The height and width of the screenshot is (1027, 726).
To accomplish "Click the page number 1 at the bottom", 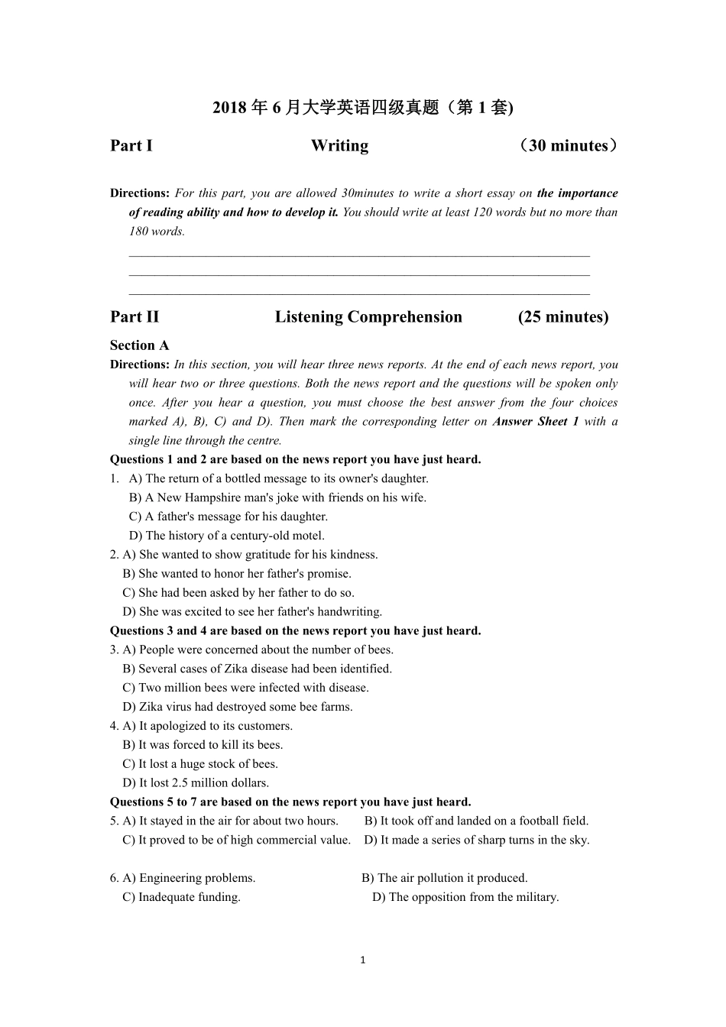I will click(x=363, y=960).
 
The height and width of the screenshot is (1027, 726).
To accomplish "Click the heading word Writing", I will click(x=339, y=146).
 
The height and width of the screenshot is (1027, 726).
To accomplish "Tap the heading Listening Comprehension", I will click(x=368, y=317).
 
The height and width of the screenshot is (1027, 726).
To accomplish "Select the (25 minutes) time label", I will click(x=563, y=317).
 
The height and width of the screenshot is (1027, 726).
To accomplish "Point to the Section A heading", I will click(x=140, y=345).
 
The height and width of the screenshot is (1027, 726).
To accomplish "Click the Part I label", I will click(x=131, y=146).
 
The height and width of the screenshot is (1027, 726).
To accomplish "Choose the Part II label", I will click(x=135, y=317).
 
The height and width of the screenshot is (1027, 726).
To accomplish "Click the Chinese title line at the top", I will click(x=363, y=108).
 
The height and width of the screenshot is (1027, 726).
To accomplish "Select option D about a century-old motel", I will click(x=227, y=536).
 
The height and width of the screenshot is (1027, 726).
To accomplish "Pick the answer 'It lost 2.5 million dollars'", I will click(x=196, y=782).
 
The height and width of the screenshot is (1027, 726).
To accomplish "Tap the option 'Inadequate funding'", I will click(x=182, y=897).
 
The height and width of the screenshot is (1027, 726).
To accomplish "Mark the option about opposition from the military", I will click(x=465, y=897).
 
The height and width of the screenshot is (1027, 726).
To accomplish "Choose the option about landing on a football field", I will click(x=476, y=821).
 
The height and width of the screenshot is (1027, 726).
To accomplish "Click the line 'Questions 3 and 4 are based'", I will click(x=295, y=631).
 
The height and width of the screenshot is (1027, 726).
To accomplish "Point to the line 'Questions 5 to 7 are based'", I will click(x=290, y=802).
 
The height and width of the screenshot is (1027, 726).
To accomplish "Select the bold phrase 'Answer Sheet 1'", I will click(x=536, y=422).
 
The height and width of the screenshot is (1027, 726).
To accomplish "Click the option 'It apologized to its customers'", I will click(x=208, y=726).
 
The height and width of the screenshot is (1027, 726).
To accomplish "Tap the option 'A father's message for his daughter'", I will click(x=228, y=517).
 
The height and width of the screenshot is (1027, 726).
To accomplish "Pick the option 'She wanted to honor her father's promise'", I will click(x=237, y=574).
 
